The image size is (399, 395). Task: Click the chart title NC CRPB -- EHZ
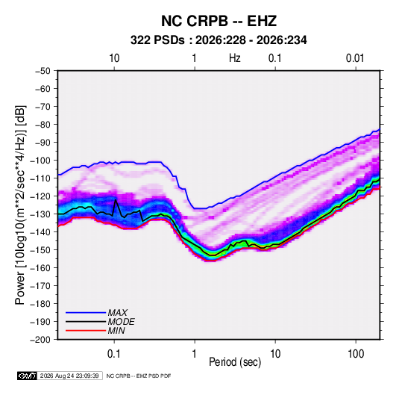tap(219, 21)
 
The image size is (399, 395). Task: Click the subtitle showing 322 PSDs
tap(219, 40)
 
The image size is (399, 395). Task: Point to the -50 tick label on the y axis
tap(43, 71)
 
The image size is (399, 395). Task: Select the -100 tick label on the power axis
tap(40, 161)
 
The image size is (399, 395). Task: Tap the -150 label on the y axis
tap(40, 250)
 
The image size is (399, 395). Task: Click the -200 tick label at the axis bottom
tap(40, 340)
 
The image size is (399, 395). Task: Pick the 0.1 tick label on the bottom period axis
tap(114, 353)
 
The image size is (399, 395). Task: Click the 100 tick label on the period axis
tap(356, 353)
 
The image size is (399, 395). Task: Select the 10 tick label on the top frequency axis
tap(114, 58)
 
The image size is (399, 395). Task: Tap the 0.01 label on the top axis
tap(355, 58)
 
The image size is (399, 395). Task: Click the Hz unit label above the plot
tap(235, 58)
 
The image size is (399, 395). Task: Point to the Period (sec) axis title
tap(235, 362)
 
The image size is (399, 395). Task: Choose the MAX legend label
tap(117, 312)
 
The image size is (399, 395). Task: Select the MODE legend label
tap(121, 322)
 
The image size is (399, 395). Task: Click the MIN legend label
tap(116, 331)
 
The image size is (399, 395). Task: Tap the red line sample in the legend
tap(86, 331)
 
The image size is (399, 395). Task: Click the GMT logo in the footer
tap(28, 376)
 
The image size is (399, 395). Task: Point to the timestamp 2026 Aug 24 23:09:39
tap(69, 376)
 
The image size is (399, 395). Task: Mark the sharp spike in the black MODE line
tap(116, 200)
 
